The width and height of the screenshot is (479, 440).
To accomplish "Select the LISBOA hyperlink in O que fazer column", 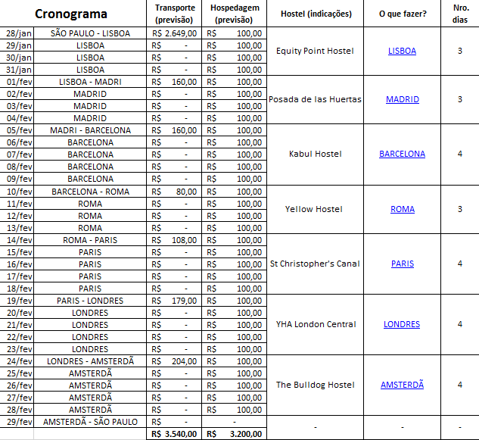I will coord(402,51).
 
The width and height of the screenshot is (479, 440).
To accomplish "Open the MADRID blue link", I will coord(402,99).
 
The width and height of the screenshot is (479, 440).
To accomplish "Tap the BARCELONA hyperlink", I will coord(402,154).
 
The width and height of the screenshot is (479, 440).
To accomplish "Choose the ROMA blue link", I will coord(402,209).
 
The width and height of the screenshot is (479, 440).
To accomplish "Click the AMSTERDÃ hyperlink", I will coord(402,385).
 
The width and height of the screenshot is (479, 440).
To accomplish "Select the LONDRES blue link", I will coord(402,324).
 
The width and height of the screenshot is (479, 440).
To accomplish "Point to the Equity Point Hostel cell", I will coord(316,51).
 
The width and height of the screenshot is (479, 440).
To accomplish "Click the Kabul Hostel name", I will coord(316,154).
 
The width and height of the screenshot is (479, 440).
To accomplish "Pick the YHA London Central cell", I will coord(316,324).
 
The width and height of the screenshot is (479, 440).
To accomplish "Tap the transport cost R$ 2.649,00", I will coord(175,33).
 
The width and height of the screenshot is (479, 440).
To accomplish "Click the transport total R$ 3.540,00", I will coord(175,434).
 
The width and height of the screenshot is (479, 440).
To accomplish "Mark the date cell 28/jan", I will coord(19,33).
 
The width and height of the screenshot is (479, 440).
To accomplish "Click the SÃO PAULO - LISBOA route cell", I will coord(90,33).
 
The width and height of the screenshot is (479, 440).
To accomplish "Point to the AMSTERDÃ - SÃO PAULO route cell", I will coord(90,421).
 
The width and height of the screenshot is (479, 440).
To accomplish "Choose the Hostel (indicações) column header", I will coord(316,14).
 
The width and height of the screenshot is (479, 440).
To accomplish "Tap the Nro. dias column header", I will coord(460,14).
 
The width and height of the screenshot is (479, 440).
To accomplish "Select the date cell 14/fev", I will coord(19,240).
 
